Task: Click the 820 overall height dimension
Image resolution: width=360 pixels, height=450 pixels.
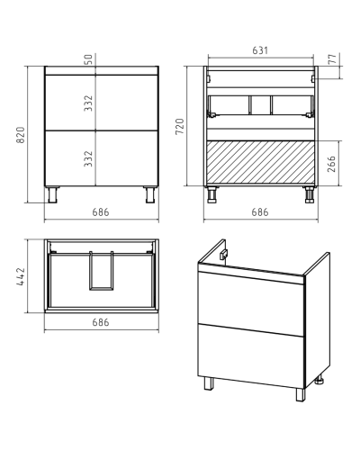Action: pyautogui.click(x=21, y=135)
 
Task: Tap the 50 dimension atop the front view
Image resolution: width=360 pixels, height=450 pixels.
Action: pyautogui.click(x=89, y=59)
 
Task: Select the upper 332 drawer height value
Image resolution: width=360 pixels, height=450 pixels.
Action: pyautogui.click(x=88, y=103)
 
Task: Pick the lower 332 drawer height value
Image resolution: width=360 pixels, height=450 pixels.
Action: pyautogui.click(x=88, y=158)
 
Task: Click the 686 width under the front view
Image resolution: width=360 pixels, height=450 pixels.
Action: pyautogui.click(x=101, y=212)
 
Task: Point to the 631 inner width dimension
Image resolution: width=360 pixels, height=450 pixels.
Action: pyautogui.click(x=260, y=50)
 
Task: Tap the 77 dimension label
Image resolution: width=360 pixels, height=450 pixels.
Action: pyautogui.click(x=332, y=59)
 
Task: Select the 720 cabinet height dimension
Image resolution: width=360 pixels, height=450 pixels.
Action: pyautogui.click(x=180, y=127)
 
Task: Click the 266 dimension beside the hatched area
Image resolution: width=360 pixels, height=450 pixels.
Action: pyautogui.click(x=331, y=164)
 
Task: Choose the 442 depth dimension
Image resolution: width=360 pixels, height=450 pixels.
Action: pyautogui.click(x=21, y=276)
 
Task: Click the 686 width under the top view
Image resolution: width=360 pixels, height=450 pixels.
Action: pyautogui.click(x=101, y=322)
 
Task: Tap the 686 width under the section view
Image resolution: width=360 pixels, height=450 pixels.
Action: pyautogui.click(x=260, y=212)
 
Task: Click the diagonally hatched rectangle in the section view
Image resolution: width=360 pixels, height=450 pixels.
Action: pyautogui.click(x=260, y=162)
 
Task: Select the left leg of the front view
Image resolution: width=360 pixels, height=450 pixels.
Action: pyautogui.click(x=52, y=194)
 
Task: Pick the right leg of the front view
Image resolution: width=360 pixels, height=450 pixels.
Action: pyautogui.click(x=151, y=194)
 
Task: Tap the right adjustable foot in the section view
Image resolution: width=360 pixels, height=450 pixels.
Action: pyautogui.click(x=310, y=194)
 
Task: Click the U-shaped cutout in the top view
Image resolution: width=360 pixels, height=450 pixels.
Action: pyautogui.click(x=102, y=271)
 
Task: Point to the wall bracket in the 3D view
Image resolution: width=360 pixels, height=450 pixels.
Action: pyautogui.click(x=223, y=254)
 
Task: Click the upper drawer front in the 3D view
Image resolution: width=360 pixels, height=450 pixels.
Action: pyautogui.click(x=251, y=303)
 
